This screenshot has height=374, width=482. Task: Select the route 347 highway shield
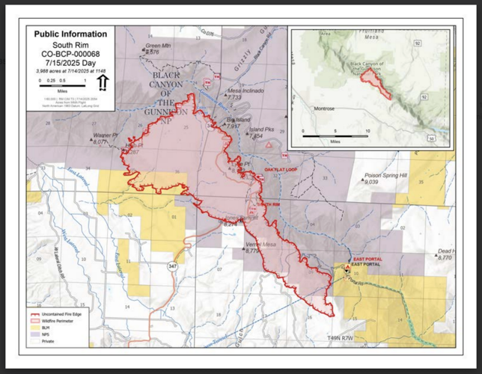[x=173, y=266]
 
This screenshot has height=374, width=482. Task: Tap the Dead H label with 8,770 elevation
[x=445, y=252]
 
